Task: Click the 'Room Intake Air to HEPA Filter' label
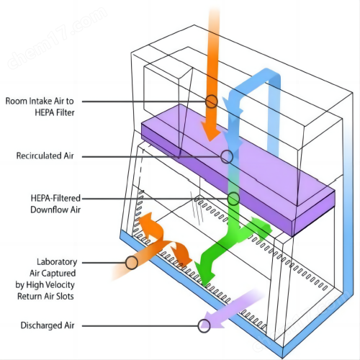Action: [x=40, y=107]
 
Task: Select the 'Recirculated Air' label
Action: [x=45, y=156]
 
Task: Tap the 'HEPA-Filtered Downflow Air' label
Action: [x=55, y=204]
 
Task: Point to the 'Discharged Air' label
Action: [x=48, y=325]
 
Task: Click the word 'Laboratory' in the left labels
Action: [x=57, y=262]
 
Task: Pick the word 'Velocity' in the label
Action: [x=60, y=285]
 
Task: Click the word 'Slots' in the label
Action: [x=65, y=296]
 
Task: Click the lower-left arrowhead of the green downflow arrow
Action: [x=204, y=274]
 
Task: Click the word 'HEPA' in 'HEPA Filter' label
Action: [x=44, y=112]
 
